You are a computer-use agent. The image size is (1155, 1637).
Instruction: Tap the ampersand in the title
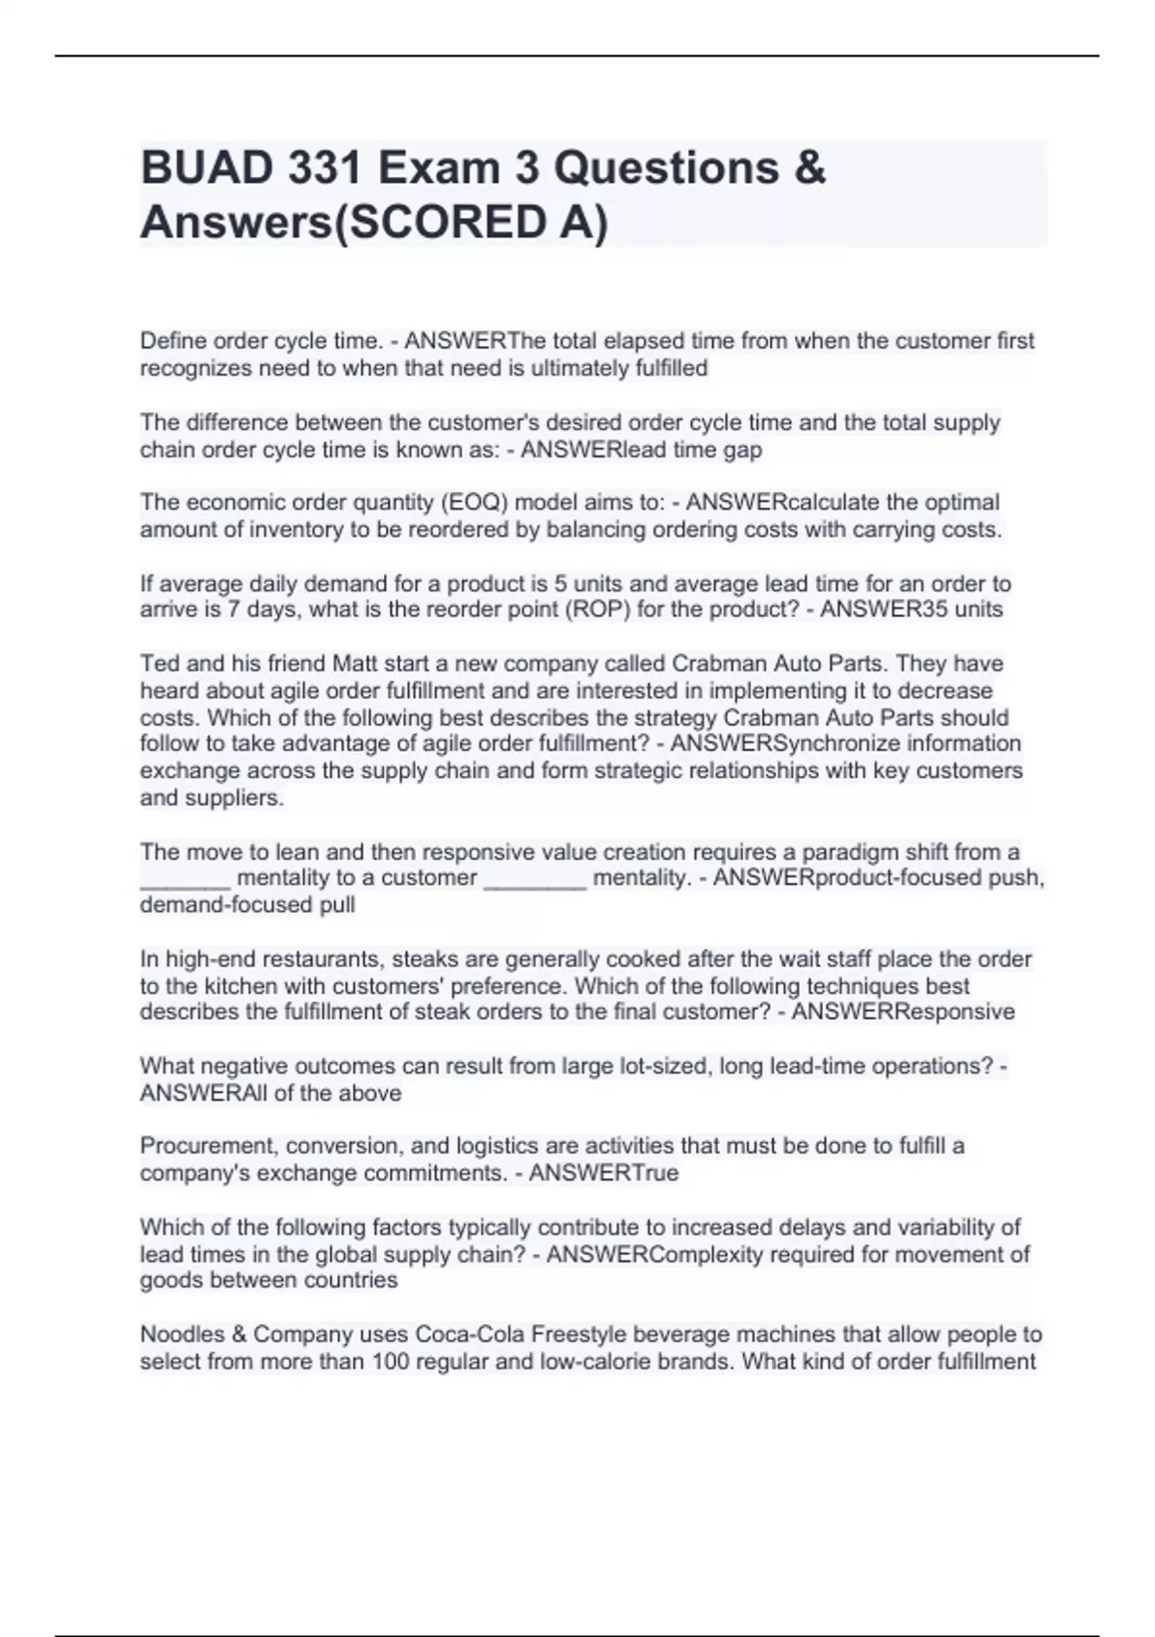pyautogui.click(x=811, y=169)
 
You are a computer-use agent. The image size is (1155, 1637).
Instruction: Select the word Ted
pyautogui.click(x=158, y=663)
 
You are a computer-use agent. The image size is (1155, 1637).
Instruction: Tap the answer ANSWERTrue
pyautogui.click(x=603, y=1173)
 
